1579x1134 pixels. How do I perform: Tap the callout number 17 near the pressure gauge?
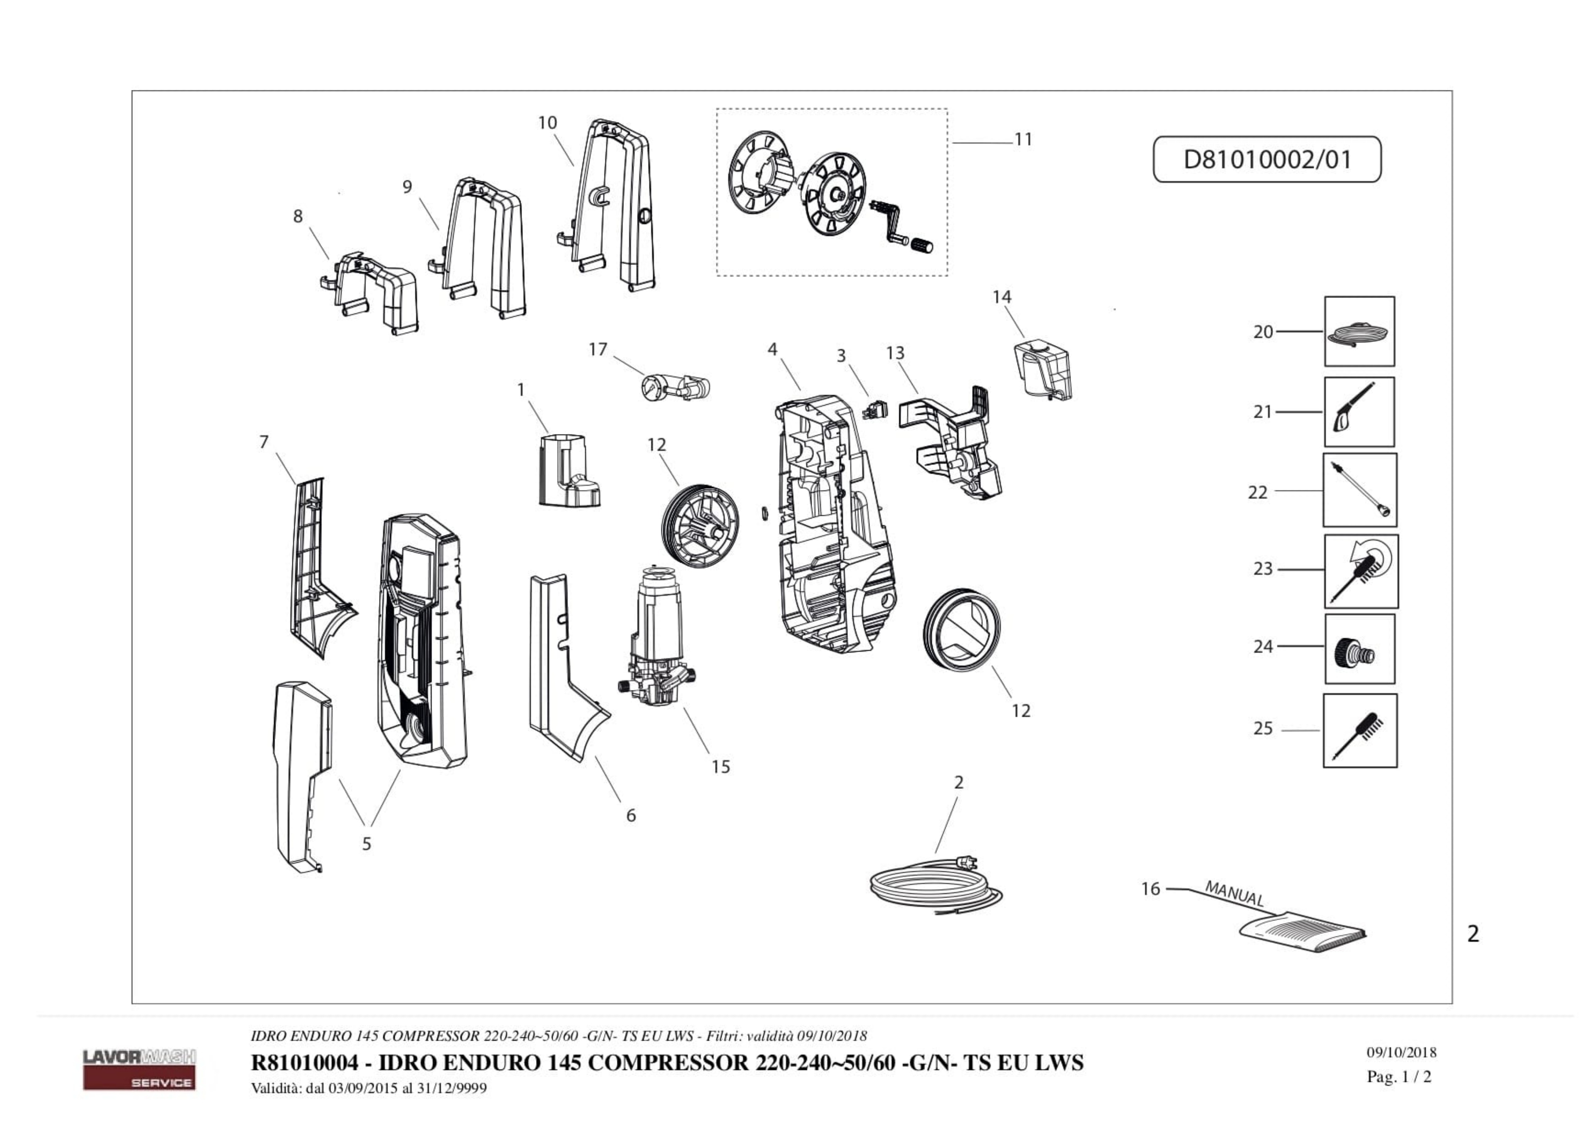597,349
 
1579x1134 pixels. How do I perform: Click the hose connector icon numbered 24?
1359,649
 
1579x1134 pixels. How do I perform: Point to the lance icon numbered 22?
1359,490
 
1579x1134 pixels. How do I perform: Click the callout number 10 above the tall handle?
547,123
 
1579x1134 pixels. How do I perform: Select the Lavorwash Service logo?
139,1068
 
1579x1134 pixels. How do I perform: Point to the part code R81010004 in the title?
304,1063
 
